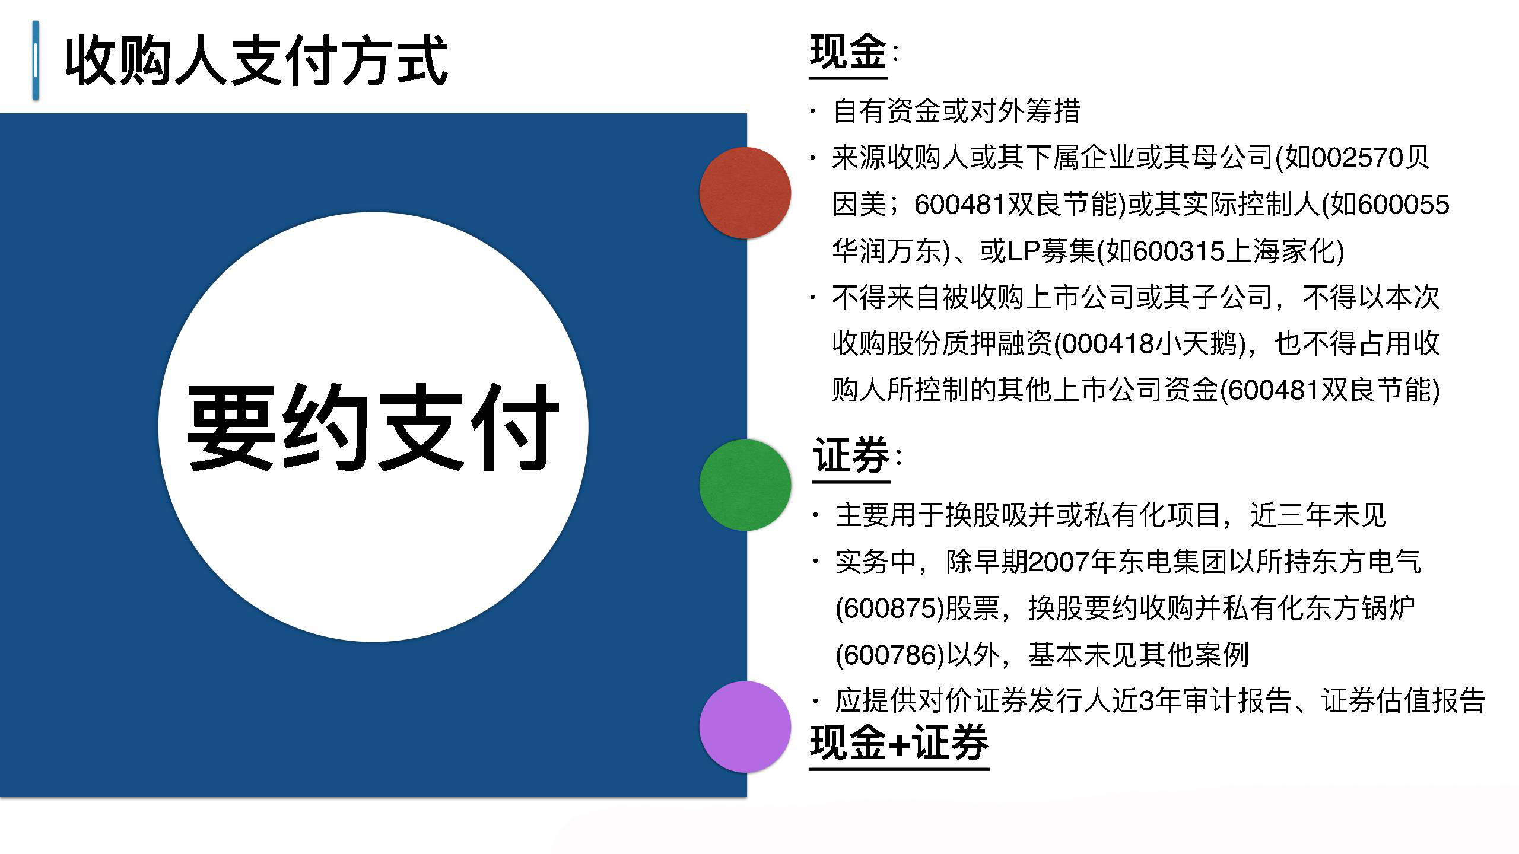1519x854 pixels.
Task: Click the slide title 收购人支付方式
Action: [256, 61]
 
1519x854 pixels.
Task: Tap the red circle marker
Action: [745, 193]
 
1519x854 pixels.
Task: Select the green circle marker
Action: [745, 485]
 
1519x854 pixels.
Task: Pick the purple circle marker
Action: [745, 727]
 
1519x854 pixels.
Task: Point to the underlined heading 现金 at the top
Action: [848, 53]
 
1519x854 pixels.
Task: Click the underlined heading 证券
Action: [851, 455]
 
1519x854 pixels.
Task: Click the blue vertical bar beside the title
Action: [36, 60]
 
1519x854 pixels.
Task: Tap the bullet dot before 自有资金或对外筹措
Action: [813, 110]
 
